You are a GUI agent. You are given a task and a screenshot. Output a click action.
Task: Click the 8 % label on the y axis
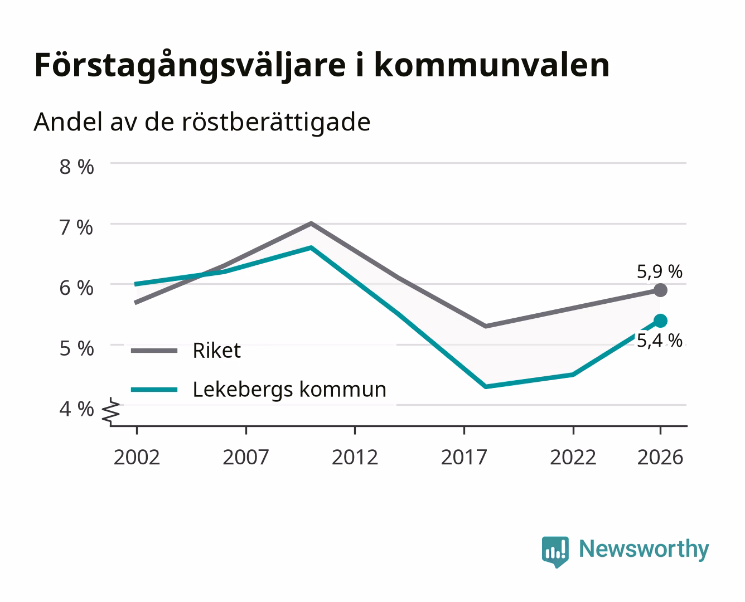pos(76,167)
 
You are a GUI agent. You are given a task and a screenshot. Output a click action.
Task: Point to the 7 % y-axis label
pos(76,227)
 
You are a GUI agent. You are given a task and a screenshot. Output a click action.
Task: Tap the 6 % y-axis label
pos(76,288)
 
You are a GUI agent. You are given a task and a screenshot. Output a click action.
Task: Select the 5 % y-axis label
pos(76,348)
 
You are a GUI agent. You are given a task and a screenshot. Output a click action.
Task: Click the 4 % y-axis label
pos(76,409)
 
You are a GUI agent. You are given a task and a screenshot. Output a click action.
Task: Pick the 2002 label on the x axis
pos(137,457)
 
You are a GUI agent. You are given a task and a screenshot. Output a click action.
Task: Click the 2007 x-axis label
pos(246,457)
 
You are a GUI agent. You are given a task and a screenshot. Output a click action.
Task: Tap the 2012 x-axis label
pos(355,457)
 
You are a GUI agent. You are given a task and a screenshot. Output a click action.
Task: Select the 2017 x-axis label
pos(464,457)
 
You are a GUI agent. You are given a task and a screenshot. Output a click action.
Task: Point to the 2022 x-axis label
pos(573,457)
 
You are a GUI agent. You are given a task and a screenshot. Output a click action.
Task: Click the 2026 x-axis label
pos(660,457)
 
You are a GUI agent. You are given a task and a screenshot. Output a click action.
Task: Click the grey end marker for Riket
pos(660,290)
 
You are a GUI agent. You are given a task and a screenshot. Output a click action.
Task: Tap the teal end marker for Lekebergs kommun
pos(660,321)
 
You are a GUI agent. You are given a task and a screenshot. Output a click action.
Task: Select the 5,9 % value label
pos(660,271)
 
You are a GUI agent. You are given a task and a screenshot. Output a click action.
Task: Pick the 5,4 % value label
pos(660,341)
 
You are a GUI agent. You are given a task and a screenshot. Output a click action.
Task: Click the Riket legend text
pos(217,350)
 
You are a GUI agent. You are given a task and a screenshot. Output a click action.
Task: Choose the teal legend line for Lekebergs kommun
pos(154,390)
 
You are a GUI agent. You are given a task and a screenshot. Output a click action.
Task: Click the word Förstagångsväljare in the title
pos(190,66)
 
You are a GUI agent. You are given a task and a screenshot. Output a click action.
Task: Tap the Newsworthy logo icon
pos(555,552)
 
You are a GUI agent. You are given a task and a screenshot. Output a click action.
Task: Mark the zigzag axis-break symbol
pos(111,412)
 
